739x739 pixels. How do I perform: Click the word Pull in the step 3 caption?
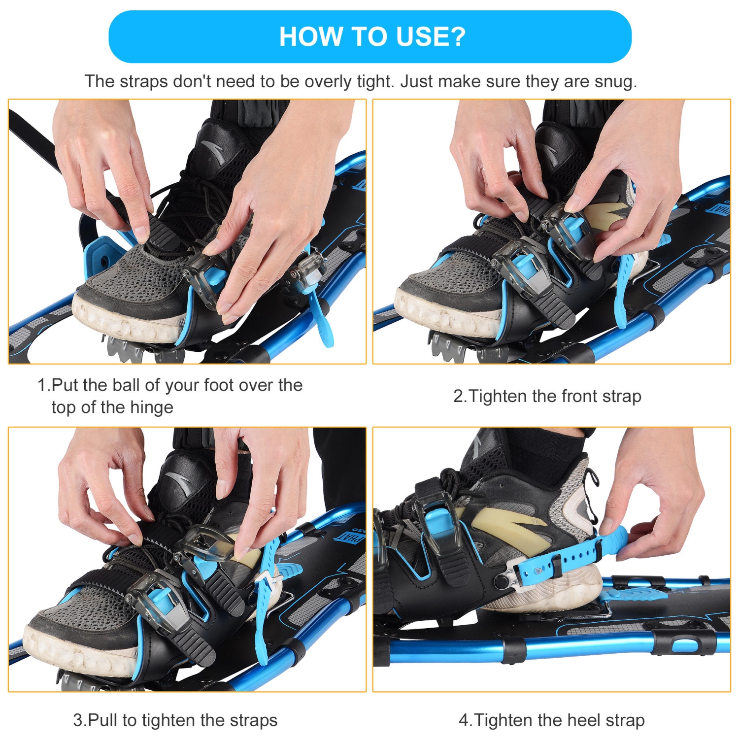tap(103, 720)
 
